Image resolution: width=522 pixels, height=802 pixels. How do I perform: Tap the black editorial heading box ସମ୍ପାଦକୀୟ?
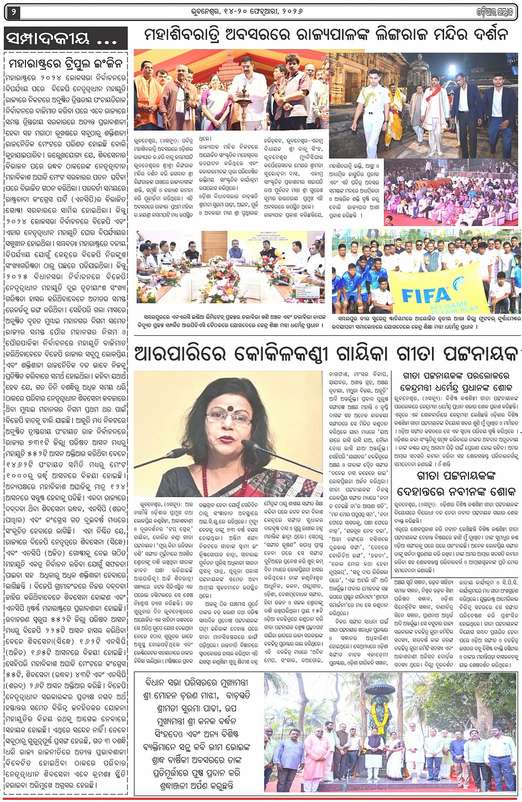tap(66, 39)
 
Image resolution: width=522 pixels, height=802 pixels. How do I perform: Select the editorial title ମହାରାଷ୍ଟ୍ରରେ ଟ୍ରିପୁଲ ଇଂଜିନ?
tap(66, 62)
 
